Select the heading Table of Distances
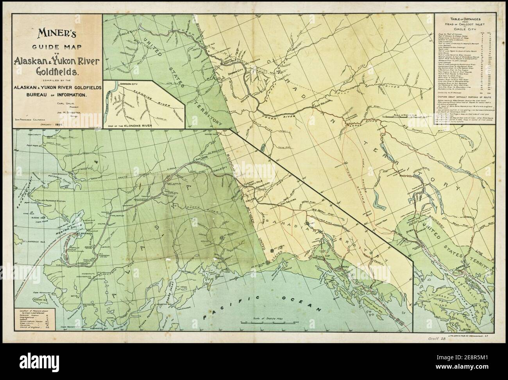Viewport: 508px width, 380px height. (x=465, y=19)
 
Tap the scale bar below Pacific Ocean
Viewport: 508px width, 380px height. (x=266, y=322)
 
